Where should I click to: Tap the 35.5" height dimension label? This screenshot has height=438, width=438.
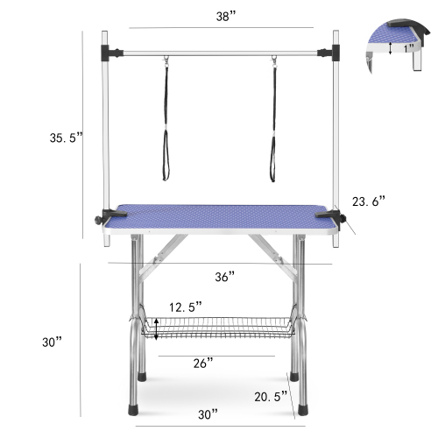pyautogui.click(x=67, y=137)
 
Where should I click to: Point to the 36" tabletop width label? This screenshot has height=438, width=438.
pyautogui.click(x=225, y=277)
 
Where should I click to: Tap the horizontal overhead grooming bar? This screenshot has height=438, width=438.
pyautogui.click(x=221, y=52)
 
